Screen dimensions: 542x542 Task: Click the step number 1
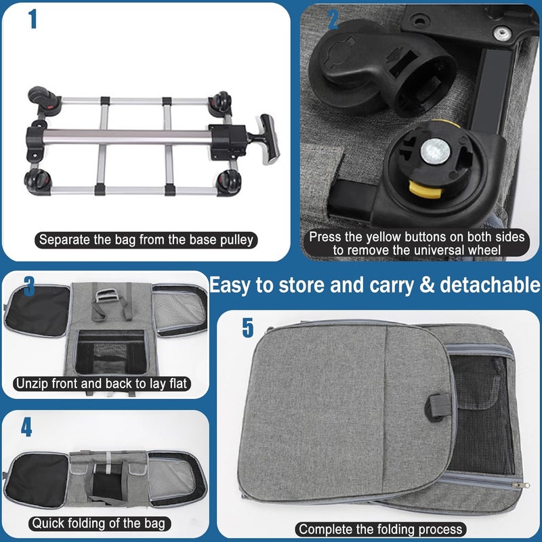(x=33, y=19)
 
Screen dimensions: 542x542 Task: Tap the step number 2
(x=333, y=20)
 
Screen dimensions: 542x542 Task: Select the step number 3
(x=29, y=286)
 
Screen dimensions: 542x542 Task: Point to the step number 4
(x=26, y=427)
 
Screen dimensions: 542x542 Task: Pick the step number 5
(x=248, y=327)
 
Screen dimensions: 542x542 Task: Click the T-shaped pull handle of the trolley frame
(x=268, y=139)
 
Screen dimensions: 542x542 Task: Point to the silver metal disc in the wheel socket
(x=435, y=151)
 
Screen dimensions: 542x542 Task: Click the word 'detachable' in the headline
(x=489, y=285)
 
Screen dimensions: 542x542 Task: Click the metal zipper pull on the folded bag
(x=521, y=485)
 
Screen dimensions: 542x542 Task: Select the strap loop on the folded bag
(x=437, y=407)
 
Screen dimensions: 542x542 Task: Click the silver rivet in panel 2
(x=502, y=33)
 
